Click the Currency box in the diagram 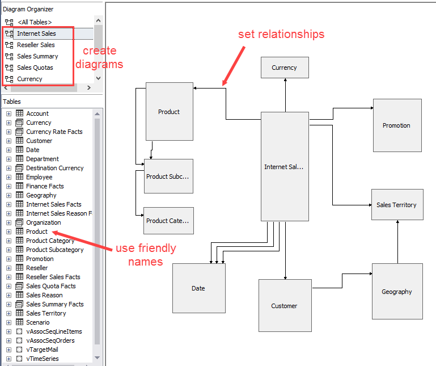coord(284,68)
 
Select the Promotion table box coord(396,125)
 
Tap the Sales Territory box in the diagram coord(396,205)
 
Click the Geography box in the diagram coord(396,292)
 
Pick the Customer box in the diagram coord(284,306)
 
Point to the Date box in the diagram coord(198,288)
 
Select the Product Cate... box coord(168,221)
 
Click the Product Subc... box coord(168,176)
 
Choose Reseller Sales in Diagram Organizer coord(36,45)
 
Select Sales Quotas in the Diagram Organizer coord(35,68)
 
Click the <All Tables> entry coord(35,22)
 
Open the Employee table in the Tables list coord(39,177)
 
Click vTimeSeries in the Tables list coord(42,359)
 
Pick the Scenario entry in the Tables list coord(38,322)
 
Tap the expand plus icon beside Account coord(9,113)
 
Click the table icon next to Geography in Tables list coord(19,195)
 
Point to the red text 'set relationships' coord(281,34)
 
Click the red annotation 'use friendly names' coord(146,255)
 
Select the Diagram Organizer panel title coord(28,9)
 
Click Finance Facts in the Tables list coord(45,186)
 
